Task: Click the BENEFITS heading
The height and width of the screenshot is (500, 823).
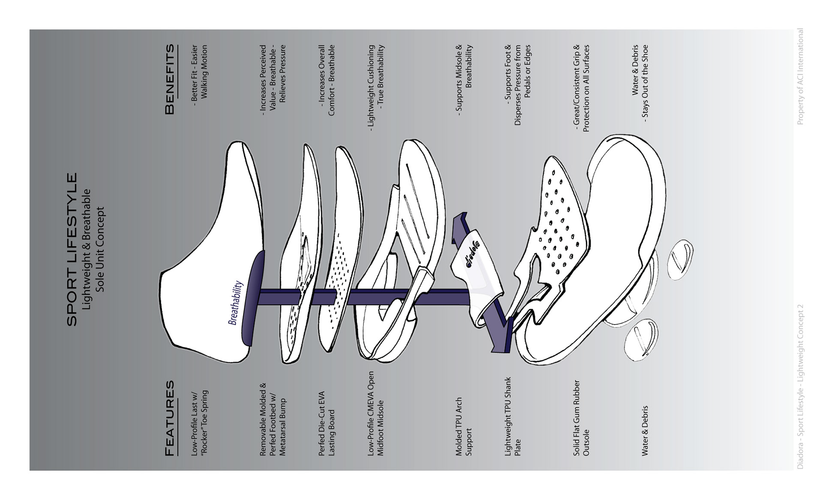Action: click(170, 79)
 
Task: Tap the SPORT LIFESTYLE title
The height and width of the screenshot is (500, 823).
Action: click(72, 249)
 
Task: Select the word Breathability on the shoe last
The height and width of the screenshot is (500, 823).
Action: click(235, 303)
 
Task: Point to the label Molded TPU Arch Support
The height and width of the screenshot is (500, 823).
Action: click(463, 426)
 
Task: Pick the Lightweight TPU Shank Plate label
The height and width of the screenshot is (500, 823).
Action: click(513, 416)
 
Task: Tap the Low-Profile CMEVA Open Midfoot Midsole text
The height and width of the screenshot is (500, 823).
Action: click(376, 413)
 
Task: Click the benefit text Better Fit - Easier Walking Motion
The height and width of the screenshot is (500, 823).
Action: click(199, 73)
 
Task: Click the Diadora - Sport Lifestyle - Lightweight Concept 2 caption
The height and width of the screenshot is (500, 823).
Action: click(800, 387)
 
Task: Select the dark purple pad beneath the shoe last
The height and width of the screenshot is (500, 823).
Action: click(253, 298)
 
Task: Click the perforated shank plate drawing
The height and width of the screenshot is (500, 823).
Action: click(557, 223)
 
